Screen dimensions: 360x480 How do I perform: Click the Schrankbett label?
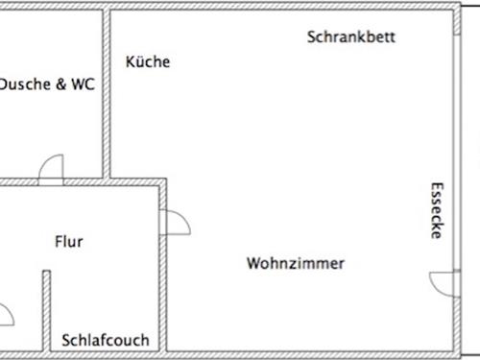pos(351,37)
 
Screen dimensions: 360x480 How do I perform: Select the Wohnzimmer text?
pos(295,263)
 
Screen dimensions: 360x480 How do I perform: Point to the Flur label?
pos(68,242)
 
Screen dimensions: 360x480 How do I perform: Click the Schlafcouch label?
pos(106,340)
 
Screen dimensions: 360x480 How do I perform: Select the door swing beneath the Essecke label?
pos(444,282)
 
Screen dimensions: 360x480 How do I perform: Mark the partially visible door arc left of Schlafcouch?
pos(5,313)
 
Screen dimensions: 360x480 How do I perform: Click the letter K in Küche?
pos(131,61)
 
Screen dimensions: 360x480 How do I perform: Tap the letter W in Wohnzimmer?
pos(252,263)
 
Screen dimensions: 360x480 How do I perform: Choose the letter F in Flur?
pos(58,242)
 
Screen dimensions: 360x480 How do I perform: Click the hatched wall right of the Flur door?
pos(163,288)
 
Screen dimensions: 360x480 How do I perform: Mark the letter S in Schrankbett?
pos(312,37)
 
